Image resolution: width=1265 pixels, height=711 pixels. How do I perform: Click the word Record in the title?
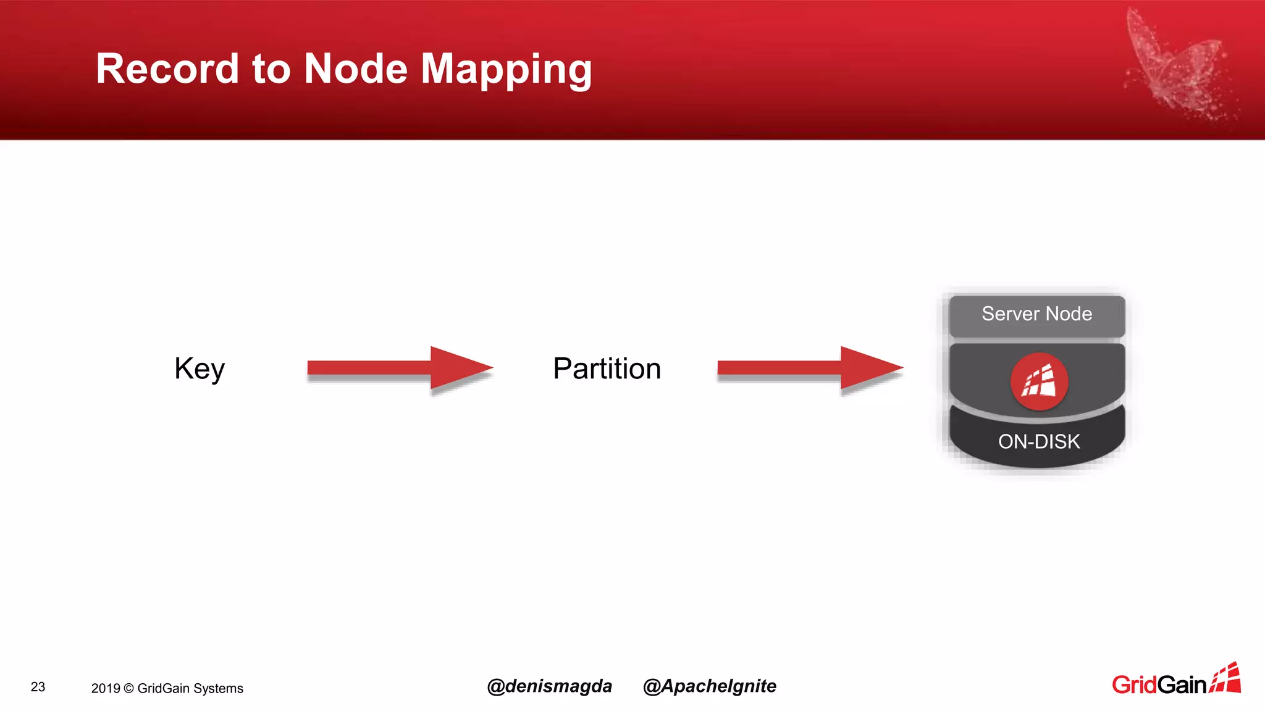tap(167, 69)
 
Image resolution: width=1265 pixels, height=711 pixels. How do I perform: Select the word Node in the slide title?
tap(356, 69)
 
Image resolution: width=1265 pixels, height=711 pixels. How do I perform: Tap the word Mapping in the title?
tap(506, 70)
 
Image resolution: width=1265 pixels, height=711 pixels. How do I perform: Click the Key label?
tap(200, 369)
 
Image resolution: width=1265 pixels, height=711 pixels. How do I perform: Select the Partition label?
tap(607, 369)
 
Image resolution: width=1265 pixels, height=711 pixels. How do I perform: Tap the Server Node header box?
tap(1036, 315)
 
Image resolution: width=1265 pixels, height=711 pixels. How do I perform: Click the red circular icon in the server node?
tap(1039, 381)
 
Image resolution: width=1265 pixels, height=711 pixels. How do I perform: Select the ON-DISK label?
tap(1039, 442)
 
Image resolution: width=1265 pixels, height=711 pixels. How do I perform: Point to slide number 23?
tap(38, 687)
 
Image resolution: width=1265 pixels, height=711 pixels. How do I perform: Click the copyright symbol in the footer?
tap(128, 689)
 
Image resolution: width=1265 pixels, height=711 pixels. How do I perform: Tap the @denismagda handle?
tap(549, 686)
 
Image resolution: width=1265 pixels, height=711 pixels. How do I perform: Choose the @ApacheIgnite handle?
tap(709, 686)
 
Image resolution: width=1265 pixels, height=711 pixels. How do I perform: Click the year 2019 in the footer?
tap(106, 689)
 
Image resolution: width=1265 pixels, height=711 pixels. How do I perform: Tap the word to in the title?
tap(271, 69)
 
